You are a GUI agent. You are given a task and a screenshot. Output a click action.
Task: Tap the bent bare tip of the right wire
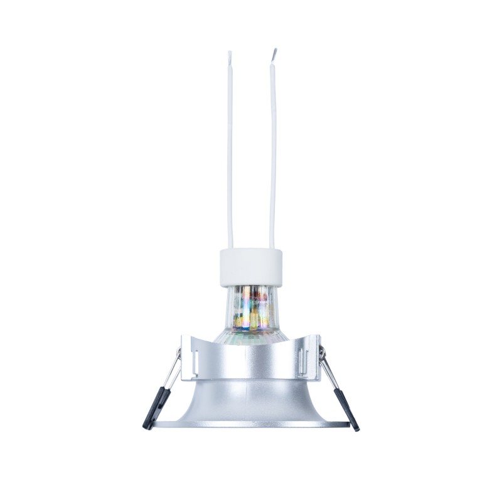[x=274, y=53]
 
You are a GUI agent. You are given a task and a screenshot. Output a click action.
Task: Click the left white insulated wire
[x=230, y=157]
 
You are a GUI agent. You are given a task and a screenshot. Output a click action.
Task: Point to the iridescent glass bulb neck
[x=251, y=307]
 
